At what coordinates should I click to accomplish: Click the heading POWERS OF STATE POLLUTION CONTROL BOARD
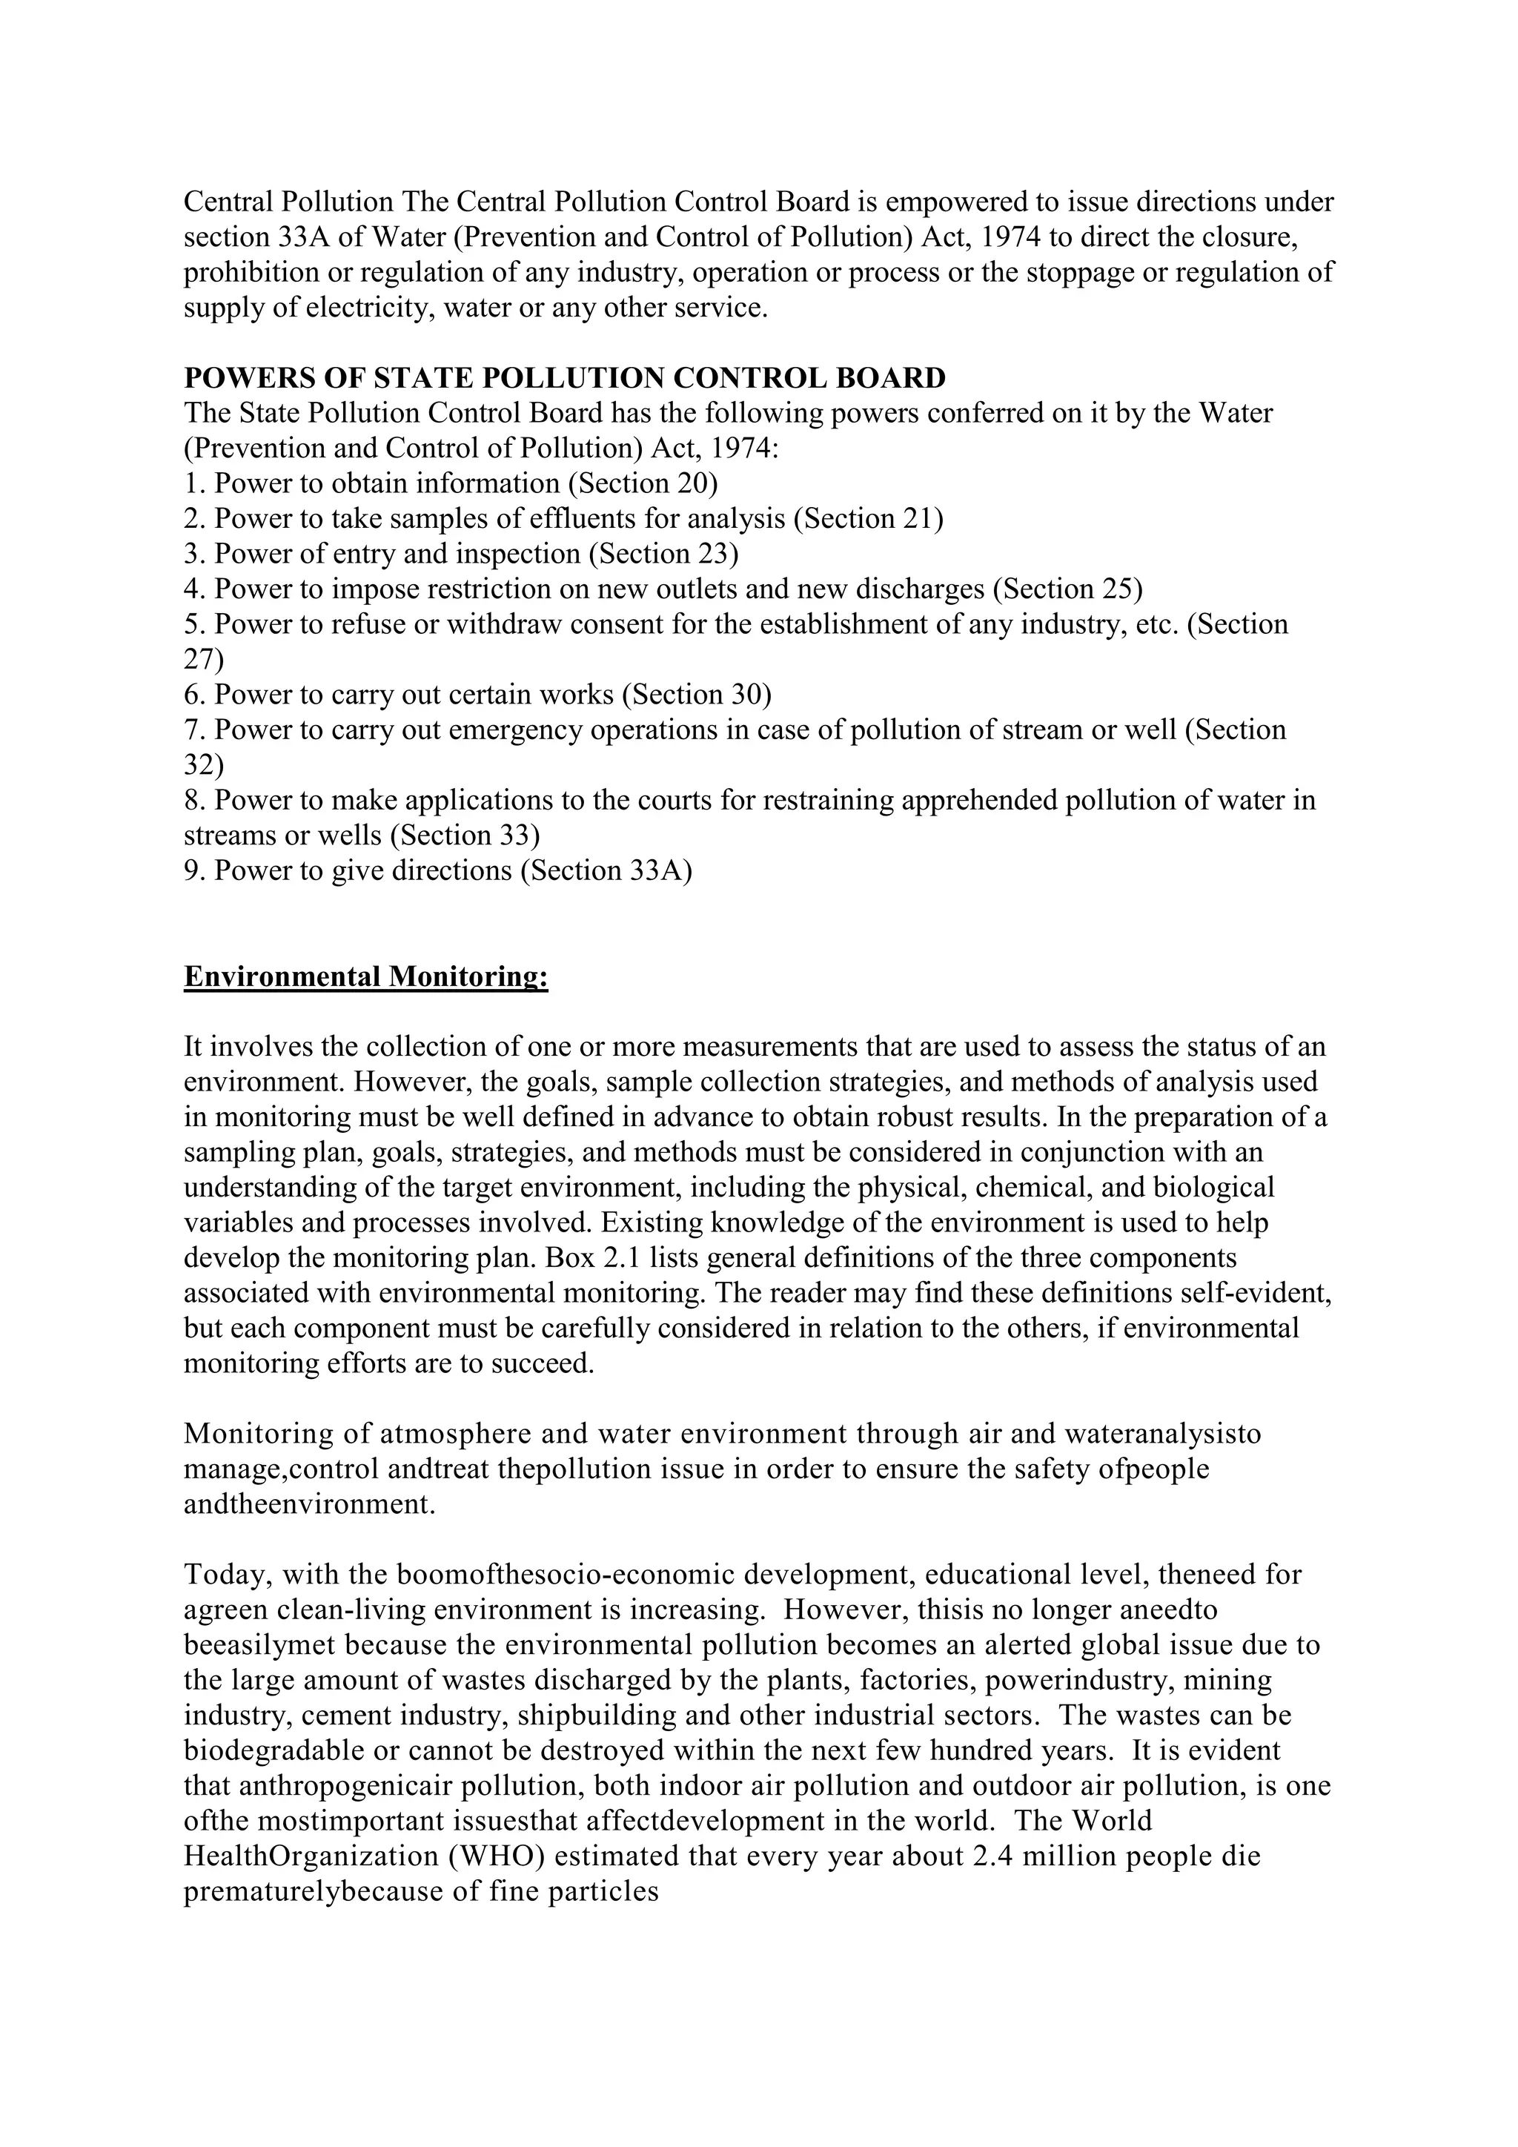coord(565,379)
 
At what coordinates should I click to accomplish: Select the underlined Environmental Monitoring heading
coord(365,976)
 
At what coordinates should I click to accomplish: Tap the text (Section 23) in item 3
coord(663,554)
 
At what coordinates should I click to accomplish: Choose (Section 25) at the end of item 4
coord(1067,589)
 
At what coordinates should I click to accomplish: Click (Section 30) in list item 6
coord(697,695)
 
